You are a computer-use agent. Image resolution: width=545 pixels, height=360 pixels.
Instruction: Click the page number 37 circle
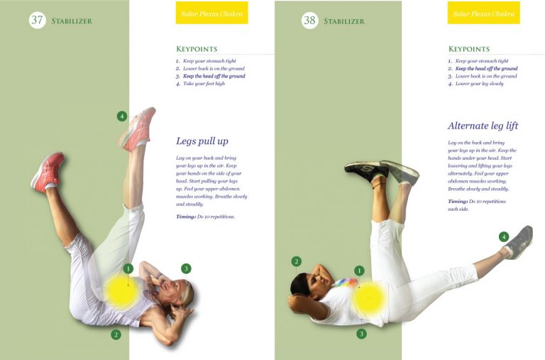point(38,21)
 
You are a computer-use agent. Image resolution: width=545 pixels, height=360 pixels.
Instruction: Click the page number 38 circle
point(309,21)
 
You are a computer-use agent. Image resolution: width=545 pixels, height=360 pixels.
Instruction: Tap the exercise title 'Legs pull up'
point(202,141)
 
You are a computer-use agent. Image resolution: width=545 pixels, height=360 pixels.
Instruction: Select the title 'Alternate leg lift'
point(483,126)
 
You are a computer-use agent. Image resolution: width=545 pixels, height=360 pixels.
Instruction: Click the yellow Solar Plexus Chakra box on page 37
point(211,13)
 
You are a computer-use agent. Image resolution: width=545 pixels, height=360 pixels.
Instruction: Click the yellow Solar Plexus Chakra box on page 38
point(483,13)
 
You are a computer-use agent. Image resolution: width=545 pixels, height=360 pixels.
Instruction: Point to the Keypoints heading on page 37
point(196,49)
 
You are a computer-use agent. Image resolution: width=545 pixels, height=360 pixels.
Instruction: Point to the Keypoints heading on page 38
point(468,49)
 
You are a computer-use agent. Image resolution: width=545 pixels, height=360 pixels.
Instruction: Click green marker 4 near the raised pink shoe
point(122,116)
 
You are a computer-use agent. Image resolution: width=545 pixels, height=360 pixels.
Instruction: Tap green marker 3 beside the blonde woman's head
point(186,268)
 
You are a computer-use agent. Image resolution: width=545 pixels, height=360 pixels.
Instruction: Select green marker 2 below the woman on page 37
point(116,334)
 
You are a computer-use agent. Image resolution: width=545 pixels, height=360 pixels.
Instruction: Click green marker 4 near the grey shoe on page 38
point(504,236)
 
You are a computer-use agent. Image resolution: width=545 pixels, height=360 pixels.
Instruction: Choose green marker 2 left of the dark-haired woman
point(297,261)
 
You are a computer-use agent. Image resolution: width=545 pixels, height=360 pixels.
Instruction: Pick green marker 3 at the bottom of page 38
point(361,334)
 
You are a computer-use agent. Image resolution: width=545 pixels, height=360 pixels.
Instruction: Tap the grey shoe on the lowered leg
point(521,241)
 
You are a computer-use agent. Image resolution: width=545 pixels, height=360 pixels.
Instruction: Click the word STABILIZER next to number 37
point(72,21)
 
